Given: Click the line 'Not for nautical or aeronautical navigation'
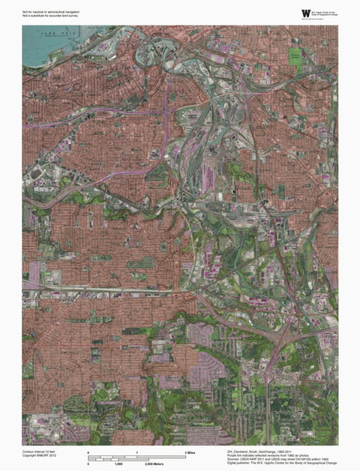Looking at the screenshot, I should tap(49, 11).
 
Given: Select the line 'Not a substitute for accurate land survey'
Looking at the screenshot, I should tap(49, 16).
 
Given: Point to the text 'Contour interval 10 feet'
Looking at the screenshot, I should tap(40, 451).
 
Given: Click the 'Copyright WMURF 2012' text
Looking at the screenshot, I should tap(40, 456).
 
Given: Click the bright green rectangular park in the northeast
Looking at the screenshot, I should tap(295, 55).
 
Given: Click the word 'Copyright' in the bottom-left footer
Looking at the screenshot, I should tap(29, 456).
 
